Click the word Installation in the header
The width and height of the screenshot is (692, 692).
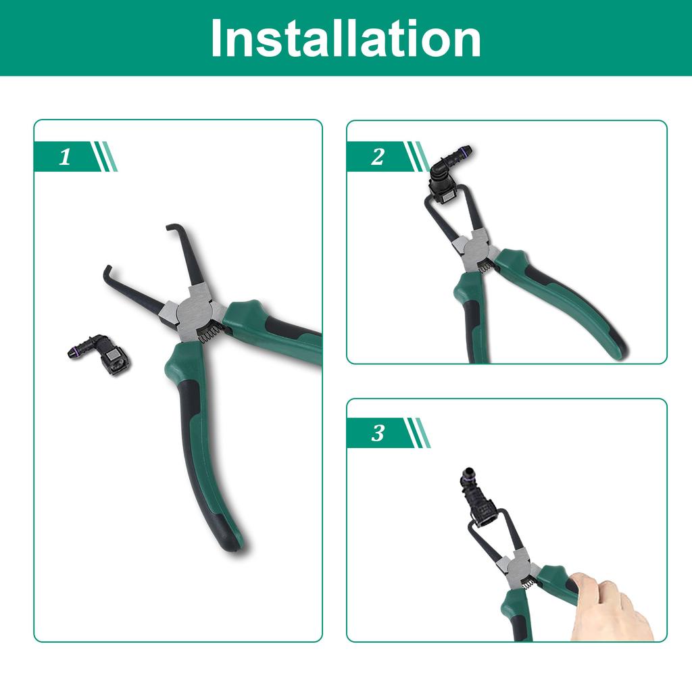tap(345, 39)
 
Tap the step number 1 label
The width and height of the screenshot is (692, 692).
tap(65, 158)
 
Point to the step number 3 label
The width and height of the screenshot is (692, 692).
tap(378, 433)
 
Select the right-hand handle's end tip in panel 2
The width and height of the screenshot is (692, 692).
tap(618, 351)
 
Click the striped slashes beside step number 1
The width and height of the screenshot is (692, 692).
tap(105, 157)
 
